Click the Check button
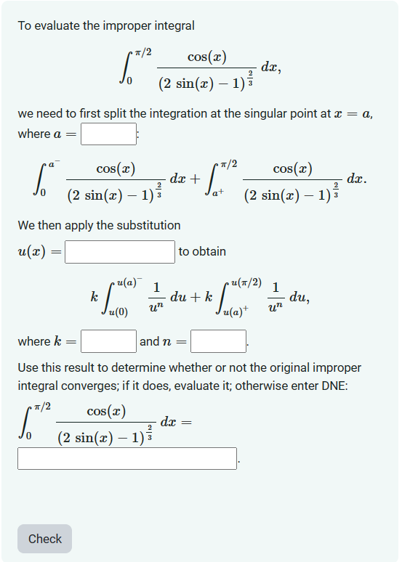click(x=44, y=539)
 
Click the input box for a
click(x=108, y=134)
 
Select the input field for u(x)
click(x=120, y=252)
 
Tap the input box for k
click(x=108, y=341)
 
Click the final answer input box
click(x=127, y=458)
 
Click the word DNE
click(x=334, y=386)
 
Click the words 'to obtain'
click(x=202, y=251)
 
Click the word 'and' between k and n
click(x=149, y=341)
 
